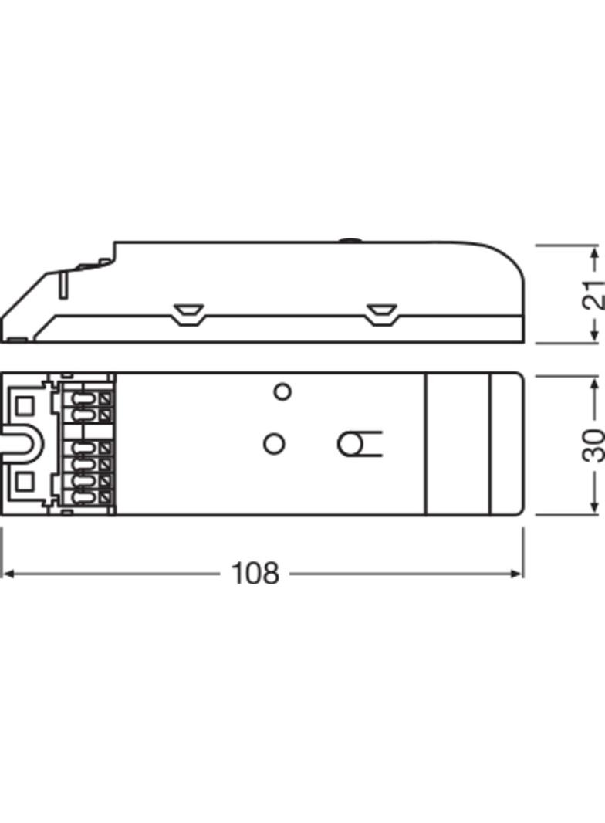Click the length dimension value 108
(x=255, y=574)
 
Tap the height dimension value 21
(x=593, y=294)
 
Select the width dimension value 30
(x=593, y=445)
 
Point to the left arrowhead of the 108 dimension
(x=8, y=574)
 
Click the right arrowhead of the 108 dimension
(x=517, y=574)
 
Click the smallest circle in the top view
(x=283, y=391)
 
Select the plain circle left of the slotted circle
(x=273, y=444)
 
